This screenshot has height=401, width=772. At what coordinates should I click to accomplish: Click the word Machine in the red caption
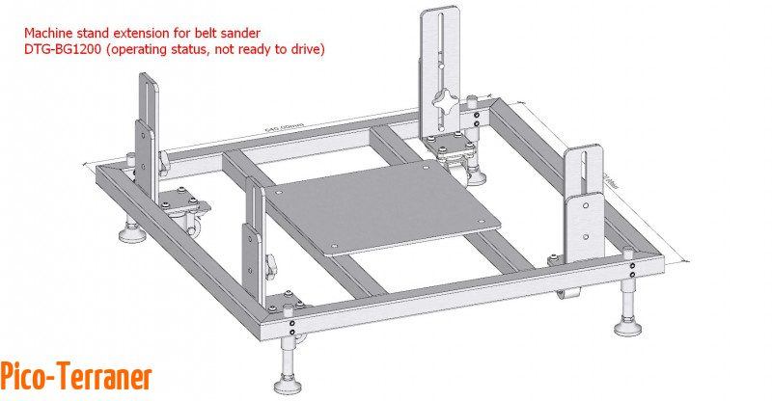52,31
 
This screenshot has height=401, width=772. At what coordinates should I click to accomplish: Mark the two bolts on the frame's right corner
630,260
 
